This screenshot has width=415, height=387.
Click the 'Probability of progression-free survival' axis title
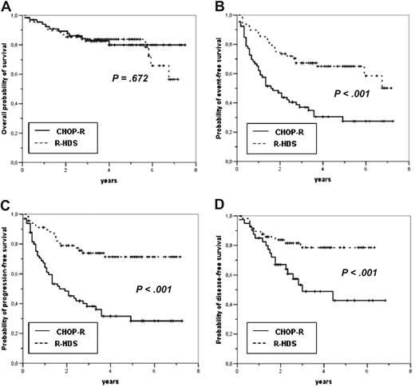(x=6, y=286)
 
